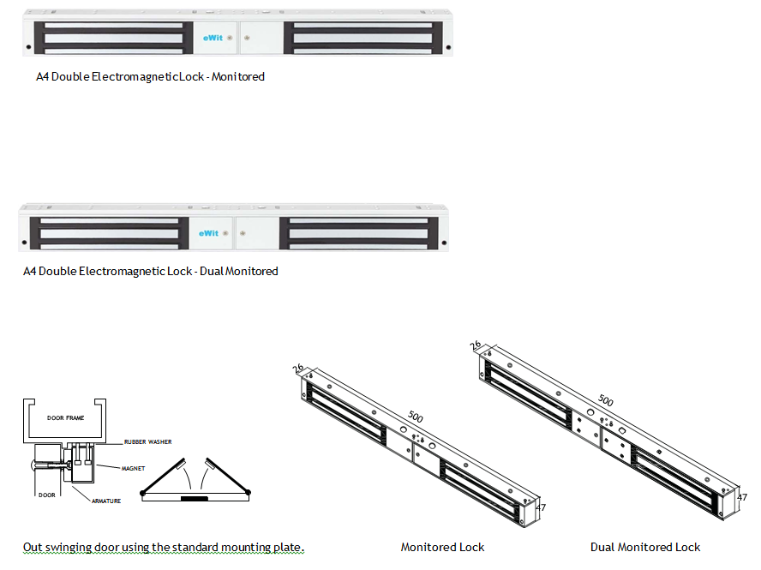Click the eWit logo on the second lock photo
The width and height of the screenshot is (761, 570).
pos(208,232)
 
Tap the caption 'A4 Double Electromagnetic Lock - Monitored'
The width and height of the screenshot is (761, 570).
pos(150,76)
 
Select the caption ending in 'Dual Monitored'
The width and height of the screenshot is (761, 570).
pos(150,271)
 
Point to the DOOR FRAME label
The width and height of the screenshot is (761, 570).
pos(67,418)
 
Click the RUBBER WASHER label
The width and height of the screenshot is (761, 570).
pos(148,442)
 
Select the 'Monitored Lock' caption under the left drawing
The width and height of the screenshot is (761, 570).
pos(442,547)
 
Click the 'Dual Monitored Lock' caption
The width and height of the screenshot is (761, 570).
pos(645,547)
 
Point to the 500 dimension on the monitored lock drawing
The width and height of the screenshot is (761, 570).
pos(416,417)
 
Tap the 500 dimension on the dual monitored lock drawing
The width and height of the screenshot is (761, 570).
pos(605,400)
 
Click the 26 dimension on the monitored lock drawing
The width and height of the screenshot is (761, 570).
pos(298,369)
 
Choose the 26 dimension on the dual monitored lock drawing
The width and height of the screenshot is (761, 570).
pos(476,345)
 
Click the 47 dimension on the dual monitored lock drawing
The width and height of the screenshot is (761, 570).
pos(742,497)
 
